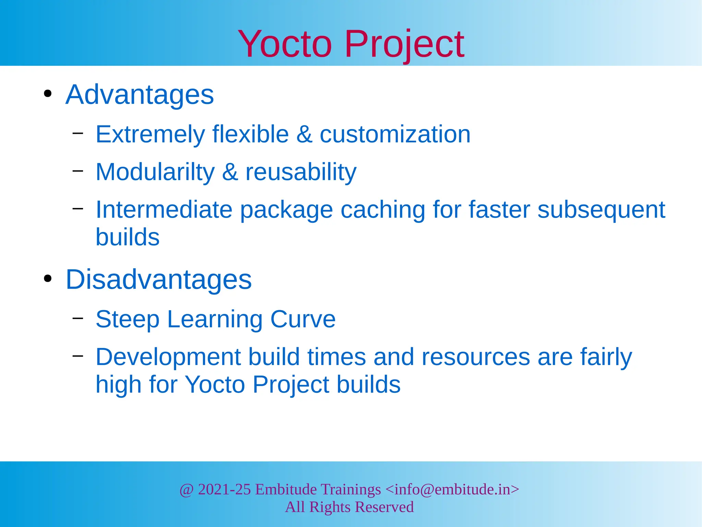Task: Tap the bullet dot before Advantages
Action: [x=48, y=94]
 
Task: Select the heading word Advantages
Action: [x=140, y=94]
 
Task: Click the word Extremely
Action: [x=150, y=134]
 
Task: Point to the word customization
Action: [x=395, y=134]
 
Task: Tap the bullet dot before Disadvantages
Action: [x=48, y=279]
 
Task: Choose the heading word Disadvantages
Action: [x=158, y=279]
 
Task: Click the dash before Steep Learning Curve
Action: [x=78, y=318]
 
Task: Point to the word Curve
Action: [x=303, y=319]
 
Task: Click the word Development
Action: [x=168, y=357]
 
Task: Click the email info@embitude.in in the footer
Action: [x=452, y=489]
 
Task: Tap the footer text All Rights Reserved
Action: [x=349, y=507]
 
